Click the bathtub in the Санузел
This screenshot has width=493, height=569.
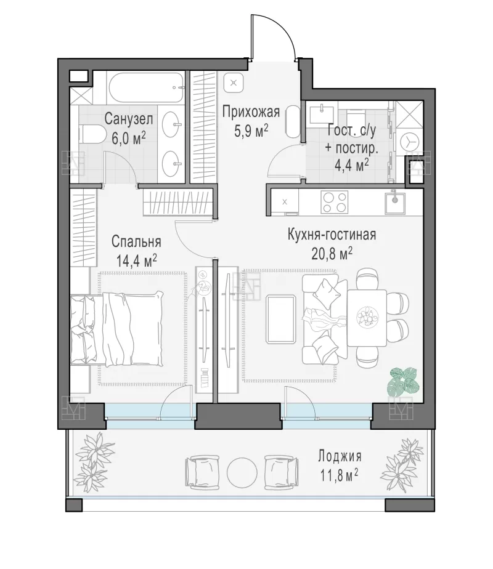click(x=147, y=88)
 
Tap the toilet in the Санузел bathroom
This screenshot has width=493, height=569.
click(x=91, y=134)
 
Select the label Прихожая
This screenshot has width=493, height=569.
click(x=251, y=112)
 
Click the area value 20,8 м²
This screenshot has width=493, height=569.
click(x=332, y=254)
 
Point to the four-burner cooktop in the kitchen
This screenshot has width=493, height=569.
click(x=334, y=202)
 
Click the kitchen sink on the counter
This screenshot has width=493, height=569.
click(x=395, y=201)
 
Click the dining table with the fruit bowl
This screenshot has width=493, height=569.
click(x=367, y=318)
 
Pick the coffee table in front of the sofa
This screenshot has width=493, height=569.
click(x=280, y=319)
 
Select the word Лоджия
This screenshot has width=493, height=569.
click(x=340, y=456)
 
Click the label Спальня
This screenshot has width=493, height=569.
click(x=136, y=241)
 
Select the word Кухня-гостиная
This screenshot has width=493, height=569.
click(x=332, y=235)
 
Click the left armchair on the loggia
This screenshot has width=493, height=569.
click(x=202, y=472)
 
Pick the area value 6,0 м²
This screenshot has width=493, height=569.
click(x=129, y=139)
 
